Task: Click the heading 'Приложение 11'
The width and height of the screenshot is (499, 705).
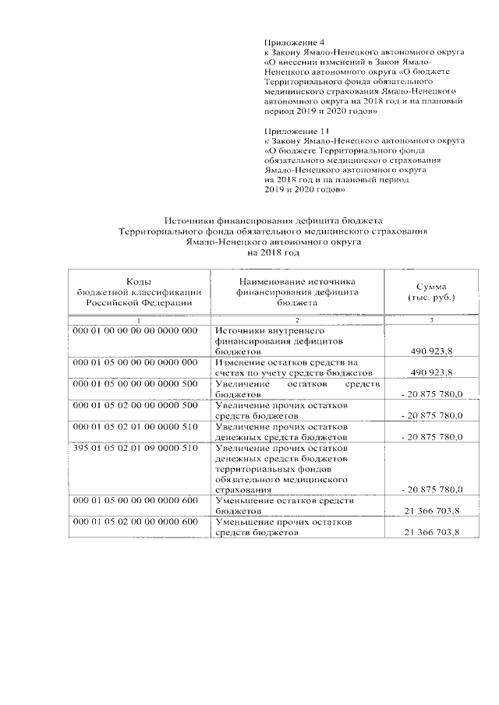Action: point(296,130)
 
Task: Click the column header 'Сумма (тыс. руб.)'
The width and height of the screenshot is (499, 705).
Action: point(431,293)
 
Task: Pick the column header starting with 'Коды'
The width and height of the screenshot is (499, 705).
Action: point(138,292)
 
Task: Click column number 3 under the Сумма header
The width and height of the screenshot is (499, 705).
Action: point(431,320)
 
